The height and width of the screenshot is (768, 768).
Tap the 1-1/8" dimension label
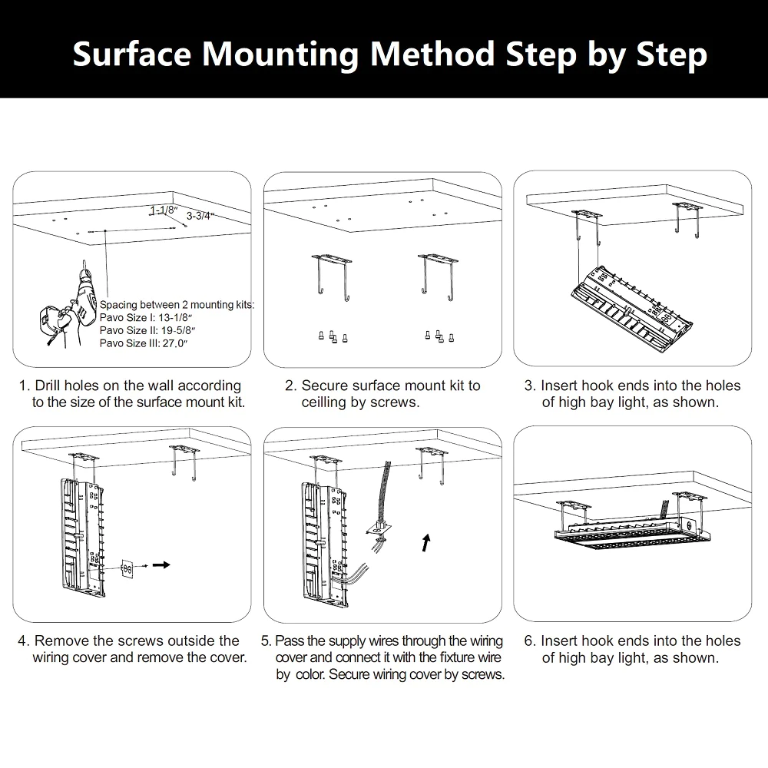click(x=164, y=210)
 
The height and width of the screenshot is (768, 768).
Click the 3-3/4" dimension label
click(x=200, y=217)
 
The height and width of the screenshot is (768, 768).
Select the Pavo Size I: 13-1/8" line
click(x=147, y=317)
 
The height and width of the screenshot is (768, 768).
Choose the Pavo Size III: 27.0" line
click(x=144, y=343)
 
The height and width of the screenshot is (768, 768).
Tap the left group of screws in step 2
click(x=332, y=336)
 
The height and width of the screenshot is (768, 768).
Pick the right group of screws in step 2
click(x=439, y=336)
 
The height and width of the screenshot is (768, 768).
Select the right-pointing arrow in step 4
click(x=161, y=564)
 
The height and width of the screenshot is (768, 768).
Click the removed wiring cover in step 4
click(x=127, y=570)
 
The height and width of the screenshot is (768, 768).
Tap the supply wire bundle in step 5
click(x=384, y=492)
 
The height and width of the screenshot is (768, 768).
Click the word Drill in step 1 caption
click(x=51, y=386)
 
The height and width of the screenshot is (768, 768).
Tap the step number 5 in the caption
click(x=266, y=641)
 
